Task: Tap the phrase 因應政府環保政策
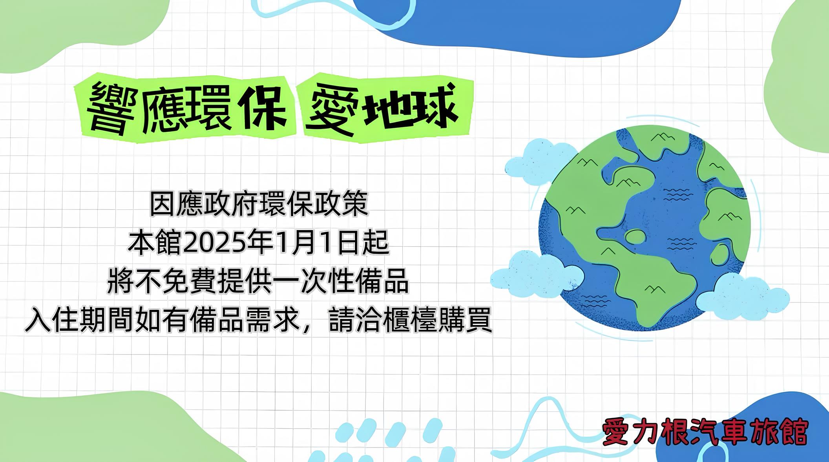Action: click(x=259, y=204)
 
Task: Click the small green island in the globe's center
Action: click(x=635, y=236)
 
